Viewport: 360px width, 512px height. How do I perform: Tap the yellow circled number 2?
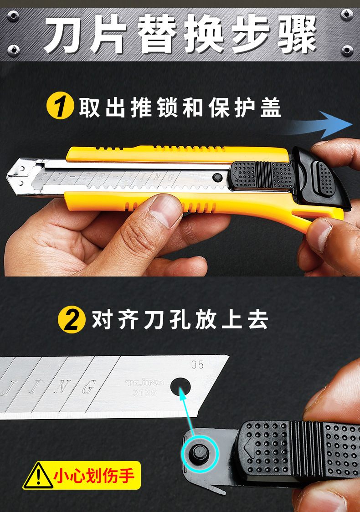tap(72, 320)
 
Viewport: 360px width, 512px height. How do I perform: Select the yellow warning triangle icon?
tap(38, 476)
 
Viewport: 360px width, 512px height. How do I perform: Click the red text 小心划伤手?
tap(94, 476)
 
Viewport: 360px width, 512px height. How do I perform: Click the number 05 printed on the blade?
tap(197, 364)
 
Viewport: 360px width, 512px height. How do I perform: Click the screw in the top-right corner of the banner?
tap(347, 15)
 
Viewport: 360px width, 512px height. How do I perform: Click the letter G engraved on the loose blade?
tap(85, 388)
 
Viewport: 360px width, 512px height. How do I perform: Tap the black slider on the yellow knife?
tap(262, 175)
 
